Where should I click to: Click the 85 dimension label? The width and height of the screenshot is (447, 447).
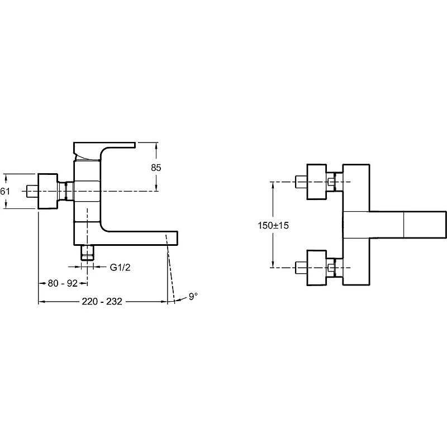(156, 167)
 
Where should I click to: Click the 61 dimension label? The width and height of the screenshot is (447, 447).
(4, 191)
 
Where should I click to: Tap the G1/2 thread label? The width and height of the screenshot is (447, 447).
(120, 267)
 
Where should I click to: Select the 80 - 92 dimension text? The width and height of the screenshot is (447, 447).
(63, 283)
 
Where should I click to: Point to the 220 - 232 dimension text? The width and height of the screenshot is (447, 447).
(102, 301)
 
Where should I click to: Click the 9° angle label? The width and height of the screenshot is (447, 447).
(193, 297)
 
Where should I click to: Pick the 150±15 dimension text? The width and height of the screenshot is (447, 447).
(273, 225)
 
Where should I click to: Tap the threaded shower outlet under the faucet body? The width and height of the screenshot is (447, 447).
(87, 253)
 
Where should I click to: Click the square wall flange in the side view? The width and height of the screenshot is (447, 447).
(47, 191)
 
